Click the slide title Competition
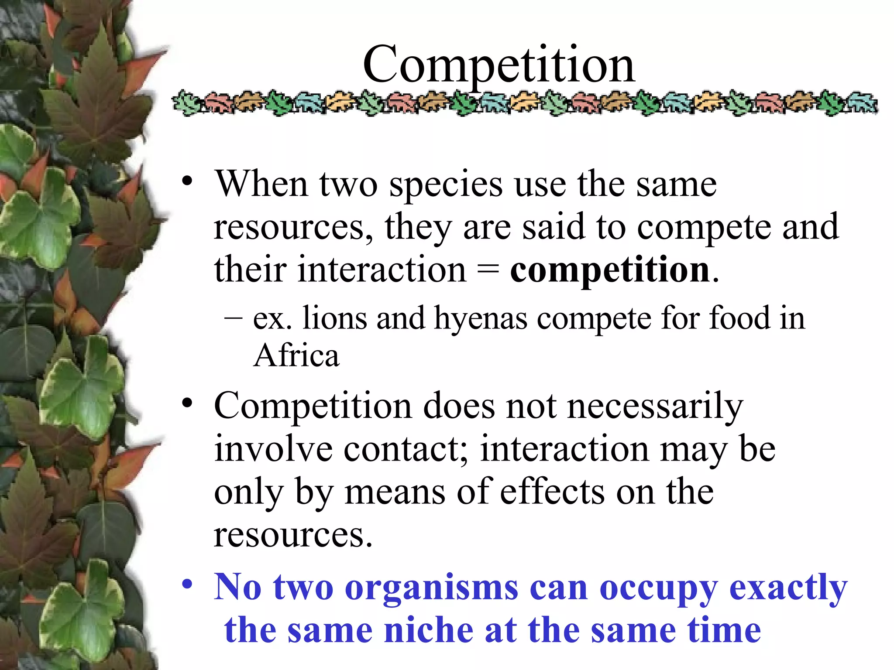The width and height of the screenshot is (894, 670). tap(499, 65)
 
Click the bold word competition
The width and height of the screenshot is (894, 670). tap(610, 270)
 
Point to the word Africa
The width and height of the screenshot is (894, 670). tap(296, 356)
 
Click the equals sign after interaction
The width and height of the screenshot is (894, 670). tap(488, 270)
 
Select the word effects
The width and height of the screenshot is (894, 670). tap(552, 492)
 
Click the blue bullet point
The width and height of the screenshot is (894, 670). tap(187, 584)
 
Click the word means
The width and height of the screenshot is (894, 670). tap(395, 492)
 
